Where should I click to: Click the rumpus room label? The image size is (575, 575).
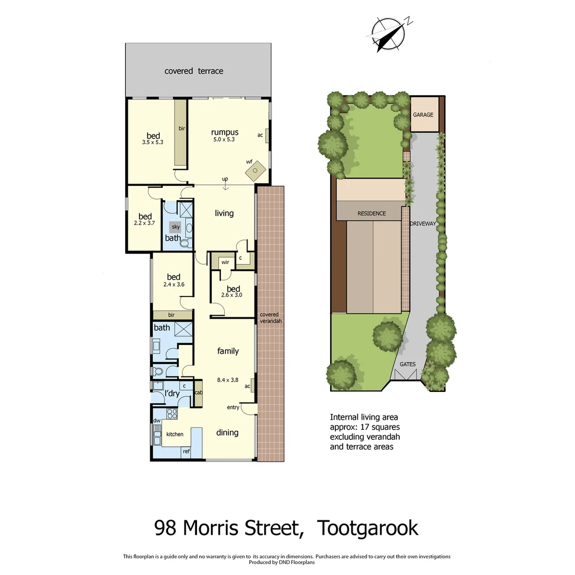tap(224, 132)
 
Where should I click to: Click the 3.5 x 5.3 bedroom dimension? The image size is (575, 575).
tap(152, 142)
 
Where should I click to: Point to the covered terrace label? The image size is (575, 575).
tap(194, 71)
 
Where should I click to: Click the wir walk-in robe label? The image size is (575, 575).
tap(225, 262)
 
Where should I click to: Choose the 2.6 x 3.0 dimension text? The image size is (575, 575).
tap(233, 294)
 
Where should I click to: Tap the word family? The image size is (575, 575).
tap(228, 351)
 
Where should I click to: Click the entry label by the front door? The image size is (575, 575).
tap(233, 407)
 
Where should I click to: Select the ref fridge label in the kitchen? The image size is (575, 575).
tap(186, 451)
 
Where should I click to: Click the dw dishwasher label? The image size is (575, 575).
tap(157, 421)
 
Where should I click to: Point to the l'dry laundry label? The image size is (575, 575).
tap(171, 393)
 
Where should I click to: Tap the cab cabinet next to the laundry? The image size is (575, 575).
tap(198, 392)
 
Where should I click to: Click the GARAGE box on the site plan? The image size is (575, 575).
tap(424, 114)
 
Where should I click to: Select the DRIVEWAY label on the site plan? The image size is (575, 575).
tap(423, 224)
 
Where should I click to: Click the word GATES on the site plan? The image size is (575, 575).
tap(408, 364)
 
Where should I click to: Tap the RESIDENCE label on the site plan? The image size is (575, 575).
tap(372, 213)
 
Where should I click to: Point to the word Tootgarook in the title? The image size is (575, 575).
tap(367, 529)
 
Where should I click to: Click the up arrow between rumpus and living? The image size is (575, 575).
tap(226, 184)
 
